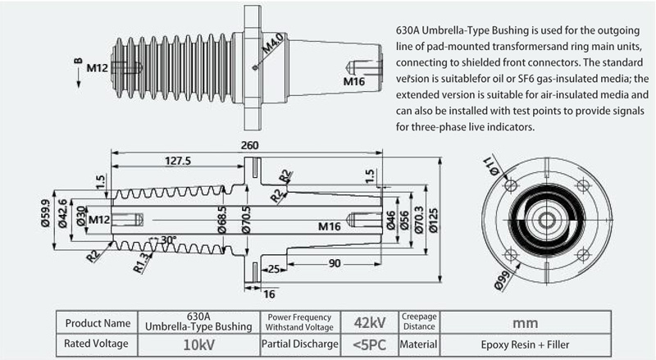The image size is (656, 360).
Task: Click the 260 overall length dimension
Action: coord(250,145)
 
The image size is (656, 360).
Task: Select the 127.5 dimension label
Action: coord(178,161)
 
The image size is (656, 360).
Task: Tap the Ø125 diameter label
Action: coord(434,221)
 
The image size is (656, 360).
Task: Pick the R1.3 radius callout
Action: coord(141,262)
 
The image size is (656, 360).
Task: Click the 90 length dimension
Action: coord(335,263)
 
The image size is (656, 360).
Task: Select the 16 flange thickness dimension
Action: coord(269,294)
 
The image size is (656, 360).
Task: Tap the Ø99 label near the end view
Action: coord(503,280)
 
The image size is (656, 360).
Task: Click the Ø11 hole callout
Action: coord(491,166)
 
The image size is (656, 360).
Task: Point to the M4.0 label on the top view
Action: coord(273,43)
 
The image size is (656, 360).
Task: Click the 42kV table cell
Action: coord(370,323)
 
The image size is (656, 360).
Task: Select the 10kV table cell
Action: coord(198,345)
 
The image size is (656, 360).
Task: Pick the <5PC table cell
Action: coord(370,345)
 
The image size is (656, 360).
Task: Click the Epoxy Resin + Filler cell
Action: coord(526,345)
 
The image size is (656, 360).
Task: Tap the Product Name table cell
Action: coord(98,323)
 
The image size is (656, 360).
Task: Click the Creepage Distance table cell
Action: coord(419,322)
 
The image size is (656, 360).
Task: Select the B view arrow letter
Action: coord(78,62)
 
